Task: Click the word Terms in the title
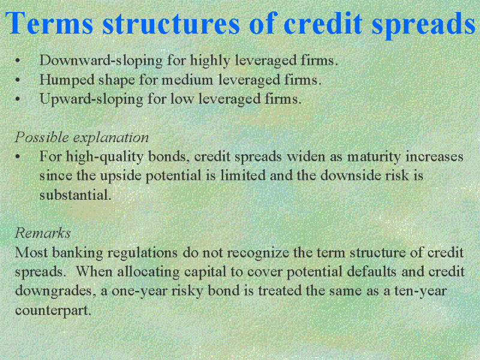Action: pos(49,23)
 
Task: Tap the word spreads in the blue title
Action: pos(424,25)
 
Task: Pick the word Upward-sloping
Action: pos(91,100)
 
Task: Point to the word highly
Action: pos(210,61)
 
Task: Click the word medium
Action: pos(187,80)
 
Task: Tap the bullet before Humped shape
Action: pos(18,80)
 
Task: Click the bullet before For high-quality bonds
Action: pos(18,157)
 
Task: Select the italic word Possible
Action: pos(41,137)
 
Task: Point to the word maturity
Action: pos(374,157)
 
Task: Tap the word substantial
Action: pos(76,194)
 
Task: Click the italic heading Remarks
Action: pos(43,233)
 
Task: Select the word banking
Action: pos(77,253)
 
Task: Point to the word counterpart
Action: pos(53,310)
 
